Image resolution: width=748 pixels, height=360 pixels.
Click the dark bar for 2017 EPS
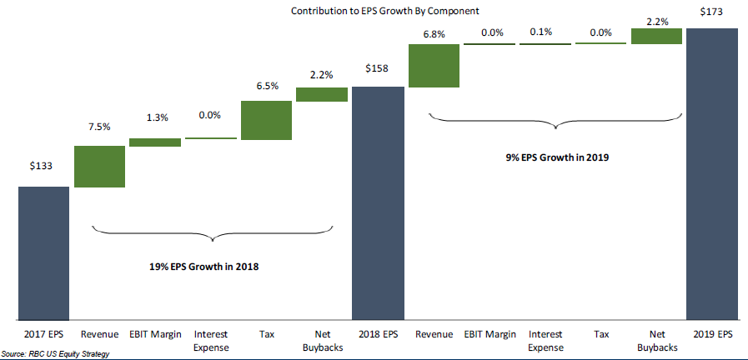point(44,252)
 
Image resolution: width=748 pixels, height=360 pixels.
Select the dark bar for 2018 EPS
point(378,202)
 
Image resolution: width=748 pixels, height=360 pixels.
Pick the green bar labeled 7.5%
point(100,167)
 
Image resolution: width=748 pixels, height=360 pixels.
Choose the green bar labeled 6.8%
point(434,65)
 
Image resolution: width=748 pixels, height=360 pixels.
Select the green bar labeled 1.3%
point(155,142)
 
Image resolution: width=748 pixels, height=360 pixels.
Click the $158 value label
point(378,68)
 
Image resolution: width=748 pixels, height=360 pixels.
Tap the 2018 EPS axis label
point(378,334)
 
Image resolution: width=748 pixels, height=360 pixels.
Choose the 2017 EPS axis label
point(44,334)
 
